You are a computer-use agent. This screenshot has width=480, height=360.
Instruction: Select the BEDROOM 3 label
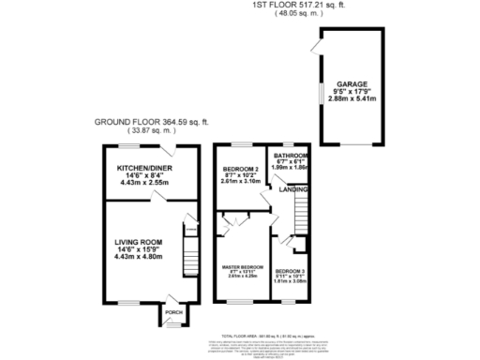290,271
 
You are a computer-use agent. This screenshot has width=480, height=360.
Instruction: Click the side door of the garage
319,45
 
